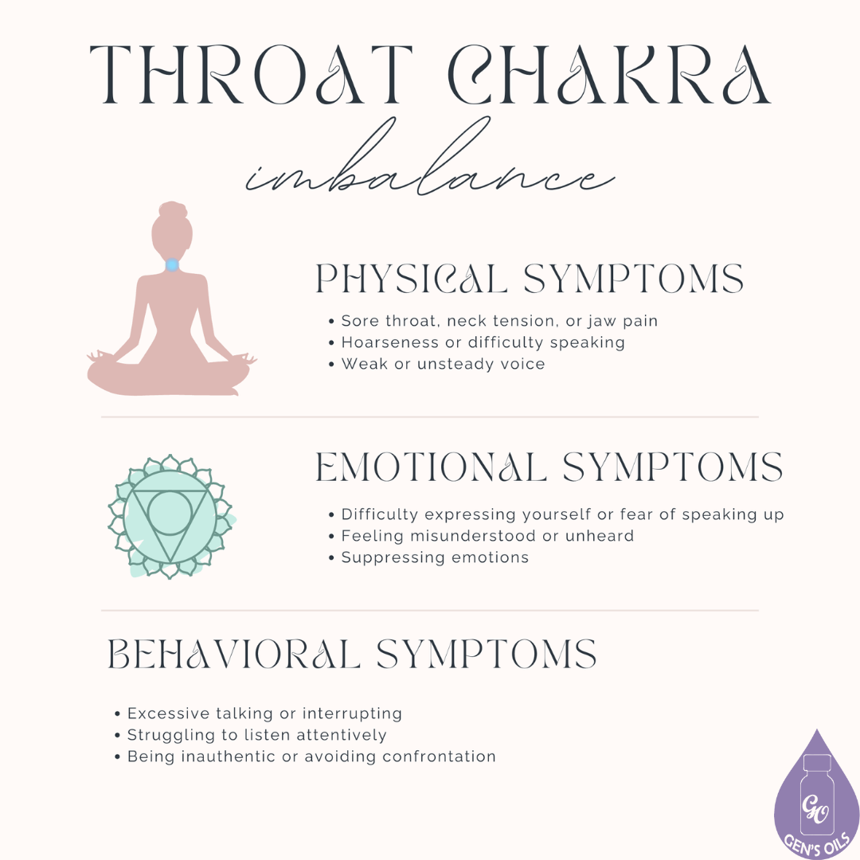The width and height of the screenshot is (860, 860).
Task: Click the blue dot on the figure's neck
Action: [171, 264]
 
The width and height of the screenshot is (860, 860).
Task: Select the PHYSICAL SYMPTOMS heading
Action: [530, 279]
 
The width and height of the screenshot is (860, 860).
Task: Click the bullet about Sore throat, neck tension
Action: [499, 321]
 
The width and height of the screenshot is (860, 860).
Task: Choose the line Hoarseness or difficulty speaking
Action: [483, 342]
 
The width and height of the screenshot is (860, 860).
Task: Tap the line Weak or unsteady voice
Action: [443, 364]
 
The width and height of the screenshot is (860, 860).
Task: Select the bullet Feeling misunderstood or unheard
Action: [487, 536]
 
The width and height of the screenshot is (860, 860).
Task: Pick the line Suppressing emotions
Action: [435, 557]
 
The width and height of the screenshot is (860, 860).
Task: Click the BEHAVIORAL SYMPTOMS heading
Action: [352, 655]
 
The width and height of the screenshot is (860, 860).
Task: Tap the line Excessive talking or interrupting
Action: [264, 713]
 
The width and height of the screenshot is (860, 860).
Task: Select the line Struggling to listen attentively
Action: [256, 735]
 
